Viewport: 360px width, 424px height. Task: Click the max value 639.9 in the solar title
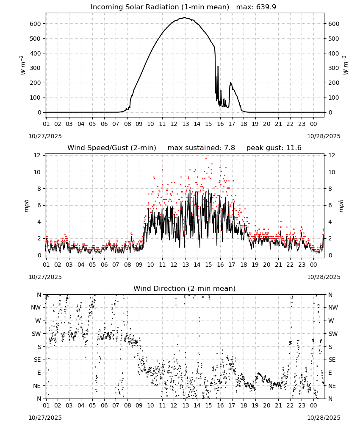click(x=266, y=7)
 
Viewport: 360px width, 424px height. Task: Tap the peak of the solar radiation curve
click(x=185, y=17)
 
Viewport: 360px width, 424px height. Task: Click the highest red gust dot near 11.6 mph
click(x=206, y=158)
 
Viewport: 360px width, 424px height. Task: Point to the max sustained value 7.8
click(x=230, y=148)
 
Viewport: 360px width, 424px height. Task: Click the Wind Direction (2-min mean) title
click(x=185, y=288)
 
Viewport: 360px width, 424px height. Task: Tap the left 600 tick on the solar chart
click(x=35, y=24)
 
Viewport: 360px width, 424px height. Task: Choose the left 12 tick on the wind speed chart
click(x=37, y=155)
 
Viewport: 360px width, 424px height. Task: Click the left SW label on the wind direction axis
click(x=36, y=334)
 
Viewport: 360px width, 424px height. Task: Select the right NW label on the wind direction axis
click(x=333, y=307)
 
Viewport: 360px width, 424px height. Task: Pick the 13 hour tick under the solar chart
click(x=185, y=124)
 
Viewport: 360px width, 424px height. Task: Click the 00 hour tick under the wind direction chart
click(x=313, y=405)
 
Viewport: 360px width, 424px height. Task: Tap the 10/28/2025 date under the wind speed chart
click(x=324, y=277)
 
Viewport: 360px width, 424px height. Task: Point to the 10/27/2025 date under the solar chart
click(x=45, y=136)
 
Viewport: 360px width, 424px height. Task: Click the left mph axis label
click(x=26, y=206)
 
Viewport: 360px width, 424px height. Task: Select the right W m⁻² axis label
click(x=346, y=65)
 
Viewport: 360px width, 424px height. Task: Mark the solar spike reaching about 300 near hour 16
click(x=218, y=66)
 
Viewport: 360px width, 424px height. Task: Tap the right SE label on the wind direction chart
click(x=332, y=360)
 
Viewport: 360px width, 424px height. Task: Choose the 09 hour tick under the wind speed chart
click(x=139, y=265)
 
